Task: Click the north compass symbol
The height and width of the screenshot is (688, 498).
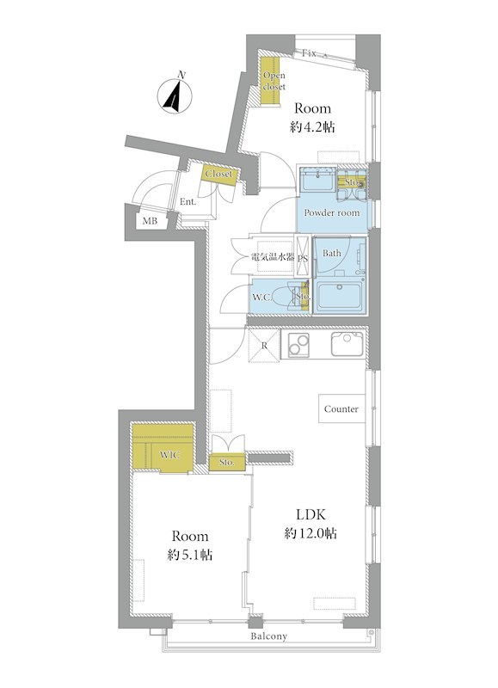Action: [x=175, y=96]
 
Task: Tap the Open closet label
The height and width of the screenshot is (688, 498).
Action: [x=274, y=81]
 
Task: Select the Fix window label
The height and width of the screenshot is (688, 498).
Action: [x=309, y=53]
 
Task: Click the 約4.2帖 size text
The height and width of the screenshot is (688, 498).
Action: [x=313, y=127]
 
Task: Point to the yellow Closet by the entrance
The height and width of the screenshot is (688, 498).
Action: [x=219, y=174]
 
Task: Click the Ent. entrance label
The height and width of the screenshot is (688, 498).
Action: [x=188, y=202]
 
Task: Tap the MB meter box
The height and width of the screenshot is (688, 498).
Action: [x=150, y=221]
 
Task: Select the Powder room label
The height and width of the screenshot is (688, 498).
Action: [x=332, y=212]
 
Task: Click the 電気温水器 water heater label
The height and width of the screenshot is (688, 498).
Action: [x=273, y=256]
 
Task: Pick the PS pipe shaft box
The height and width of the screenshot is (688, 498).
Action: [x=303, y=256]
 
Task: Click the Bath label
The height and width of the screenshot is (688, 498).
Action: [x=332, y=253]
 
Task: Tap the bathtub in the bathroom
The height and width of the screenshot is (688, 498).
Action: [x=340, y=296]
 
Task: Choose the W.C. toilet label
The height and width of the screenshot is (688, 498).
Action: [x=262, y=298]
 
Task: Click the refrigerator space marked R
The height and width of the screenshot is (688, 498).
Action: [x=265, y=346]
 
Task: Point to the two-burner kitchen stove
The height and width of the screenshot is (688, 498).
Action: [x=298, y=346]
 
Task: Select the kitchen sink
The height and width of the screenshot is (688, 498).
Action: [x=347, y=343]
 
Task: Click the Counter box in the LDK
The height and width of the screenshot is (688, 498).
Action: [x=341, y=408]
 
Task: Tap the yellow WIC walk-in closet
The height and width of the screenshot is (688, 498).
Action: [x=163, y=448]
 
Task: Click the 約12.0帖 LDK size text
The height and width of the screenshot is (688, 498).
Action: [x=310, y=533]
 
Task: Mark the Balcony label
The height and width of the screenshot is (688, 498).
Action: [x=269, y=636]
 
